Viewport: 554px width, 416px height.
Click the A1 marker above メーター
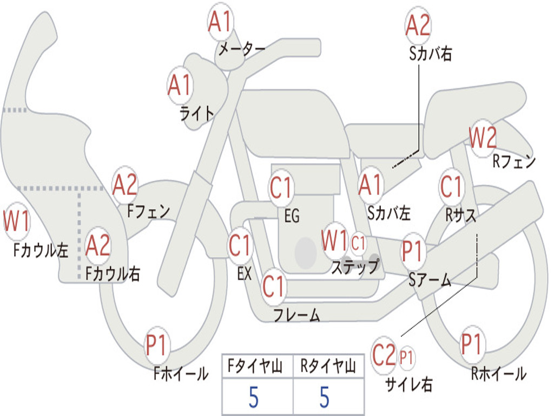coord(220,22)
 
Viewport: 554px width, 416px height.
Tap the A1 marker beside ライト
coord(180,86)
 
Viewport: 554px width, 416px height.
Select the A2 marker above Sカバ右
coord(418,25)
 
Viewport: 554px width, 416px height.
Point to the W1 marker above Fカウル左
coord(17,221)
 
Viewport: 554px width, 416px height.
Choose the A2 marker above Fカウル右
coord(98,245)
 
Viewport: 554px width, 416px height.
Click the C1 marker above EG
coord(281,187)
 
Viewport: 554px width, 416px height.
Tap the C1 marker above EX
coord(240,245)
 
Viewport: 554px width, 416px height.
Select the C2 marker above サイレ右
coord(384,355)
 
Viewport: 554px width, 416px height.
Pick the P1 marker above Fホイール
coord(156,345)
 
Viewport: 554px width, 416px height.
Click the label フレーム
coord(297,315)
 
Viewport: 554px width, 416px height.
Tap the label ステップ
coord(355,266)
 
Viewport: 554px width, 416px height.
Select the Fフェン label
coord(148,212)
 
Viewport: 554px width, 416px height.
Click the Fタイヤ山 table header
coord(255,366)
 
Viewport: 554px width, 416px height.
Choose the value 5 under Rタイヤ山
coord(325,397)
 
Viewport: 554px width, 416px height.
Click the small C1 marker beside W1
coord(358,243)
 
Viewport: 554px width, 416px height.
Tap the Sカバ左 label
coord(388,213)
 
